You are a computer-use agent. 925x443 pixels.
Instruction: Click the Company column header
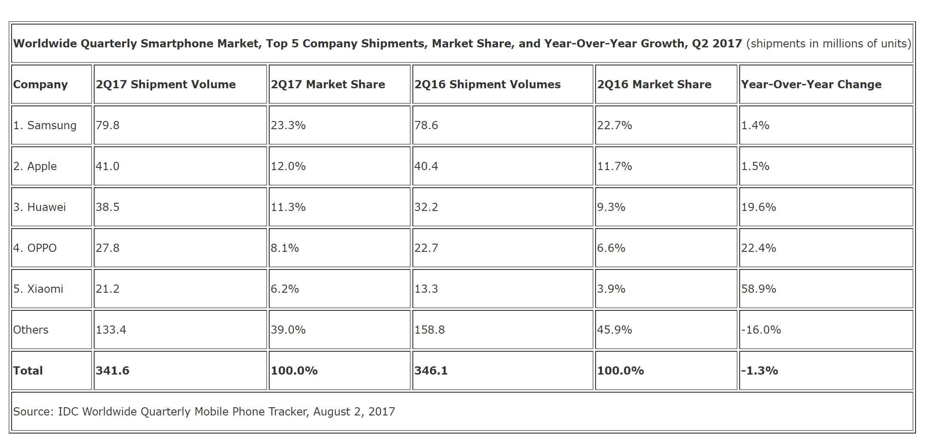(40, 84)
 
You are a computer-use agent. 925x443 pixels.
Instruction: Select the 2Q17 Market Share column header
(328, 84)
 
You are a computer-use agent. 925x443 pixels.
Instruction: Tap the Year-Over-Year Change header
(811, 84)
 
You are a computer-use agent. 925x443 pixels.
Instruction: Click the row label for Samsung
(45, 125)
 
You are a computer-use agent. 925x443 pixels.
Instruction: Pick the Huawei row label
(40, 207)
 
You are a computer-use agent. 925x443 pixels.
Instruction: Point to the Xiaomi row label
(38, 289)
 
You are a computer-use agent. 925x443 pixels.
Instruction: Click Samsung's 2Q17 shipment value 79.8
(108, 125)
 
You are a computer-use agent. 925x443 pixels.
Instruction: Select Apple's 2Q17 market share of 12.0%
(288, 166)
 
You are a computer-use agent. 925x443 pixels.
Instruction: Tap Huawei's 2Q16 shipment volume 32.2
(426, 207)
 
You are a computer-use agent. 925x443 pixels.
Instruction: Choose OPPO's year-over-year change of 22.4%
(759, 248)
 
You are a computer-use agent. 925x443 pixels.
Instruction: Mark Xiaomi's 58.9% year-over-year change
(759, 289)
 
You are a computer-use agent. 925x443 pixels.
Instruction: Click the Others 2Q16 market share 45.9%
(615, 330)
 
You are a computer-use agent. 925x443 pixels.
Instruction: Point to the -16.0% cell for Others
(761, 330)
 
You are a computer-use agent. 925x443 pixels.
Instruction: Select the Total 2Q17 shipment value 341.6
(112, 371)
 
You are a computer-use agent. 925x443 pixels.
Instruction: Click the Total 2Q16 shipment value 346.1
(431, 371)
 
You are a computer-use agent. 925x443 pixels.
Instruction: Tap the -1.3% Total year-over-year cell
(759, 371)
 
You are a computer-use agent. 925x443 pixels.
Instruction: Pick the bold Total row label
(28, 371)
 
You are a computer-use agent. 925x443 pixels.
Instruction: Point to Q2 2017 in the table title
(717, 43)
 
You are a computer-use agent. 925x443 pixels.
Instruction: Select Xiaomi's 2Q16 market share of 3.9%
(611, 289)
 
